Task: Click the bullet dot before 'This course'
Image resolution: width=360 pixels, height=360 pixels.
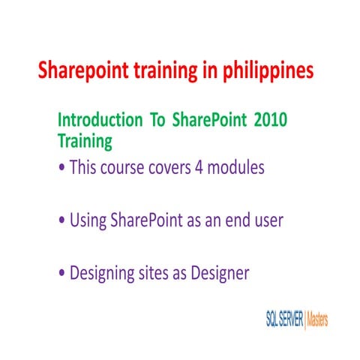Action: (x=61, y=169)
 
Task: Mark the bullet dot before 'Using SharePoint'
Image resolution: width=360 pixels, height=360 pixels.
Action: (x=61, y=223)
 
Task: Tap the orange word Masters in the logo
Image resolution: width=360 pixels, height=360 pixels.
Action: (x=317, y=319)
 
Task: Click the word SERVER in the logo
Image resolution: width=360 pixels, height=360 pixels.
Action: (x=288, y=319)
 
